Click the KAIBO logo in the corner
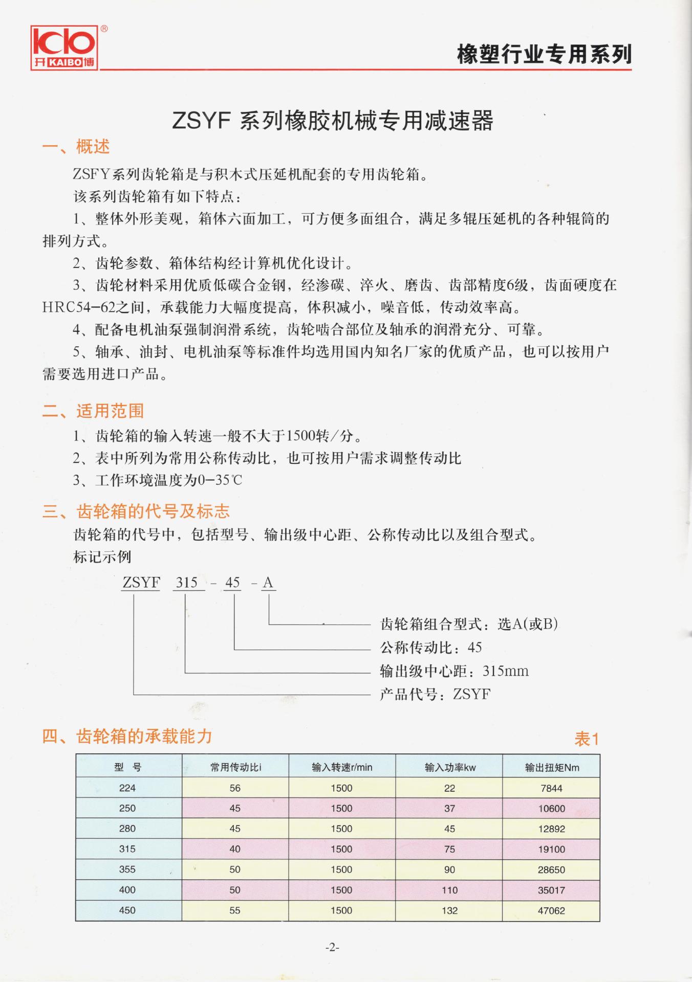pos(64,48)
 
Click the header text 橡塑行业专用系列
pos(544,54)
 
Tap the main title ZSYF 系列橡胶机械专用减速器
pos(332,121)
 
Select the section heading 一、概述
pos(76,147)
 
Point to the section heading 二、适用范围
pos(93,411)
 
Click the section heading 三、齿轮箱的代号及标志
pos(136,511)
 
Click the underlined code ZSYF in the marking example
pos(141,583)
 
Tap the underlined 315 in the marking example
pos(187,583)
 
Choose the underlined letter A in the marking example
pos(268,583)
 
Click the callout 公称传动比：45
pos(431,648)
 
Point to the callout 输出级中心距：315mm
pos(454,671)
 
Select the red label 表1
pos(587,739)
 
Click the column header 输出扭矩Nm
pos(552,767)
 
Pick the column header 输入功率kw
pos(450,767)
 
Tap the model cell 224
pos(127,788)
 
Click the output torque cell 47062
pos(551,910)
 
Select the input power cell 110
pos(449,890)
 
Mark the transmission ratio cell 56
pos(235,788)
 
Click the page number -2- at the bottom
pos(332,948)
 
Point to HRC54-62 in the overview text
pos(79,307)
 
